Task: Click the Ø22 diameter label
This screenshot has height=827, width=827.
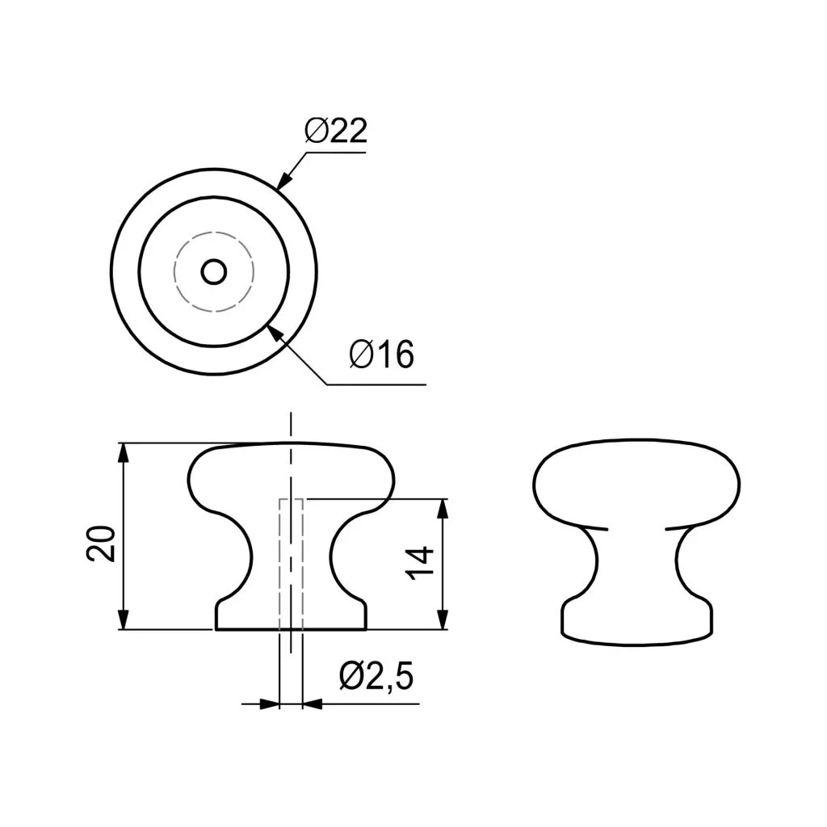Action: coord(335,130)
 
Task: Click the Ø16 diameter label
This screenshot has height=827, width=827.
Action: coord(381,354)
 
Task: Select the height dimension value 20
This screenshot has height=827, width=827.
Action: coord(101,544)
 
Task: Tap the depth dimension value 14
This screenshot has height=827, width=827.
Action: coord(420,563)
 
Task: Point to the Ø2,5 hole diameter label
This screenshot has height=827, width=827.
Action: coord(376,676)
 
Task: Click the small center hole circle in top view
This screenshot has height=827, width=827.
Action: coord(214,272)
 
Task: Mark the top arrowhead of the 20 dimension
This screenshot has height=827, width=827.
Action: coord(123,453)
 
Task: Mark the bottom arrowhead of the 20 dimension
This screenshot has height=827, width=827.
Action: coord(123,619)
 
